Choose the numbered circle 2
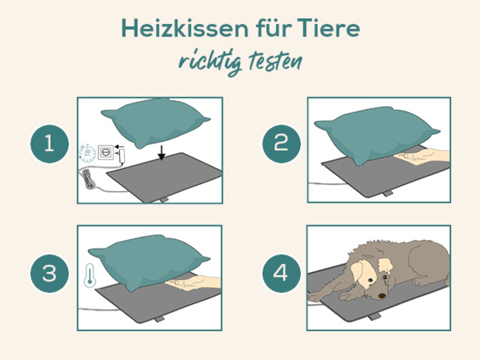pos(281,144)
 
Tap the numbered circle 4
pos(281,274)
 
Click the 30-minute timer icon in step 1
pos(88,153)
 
